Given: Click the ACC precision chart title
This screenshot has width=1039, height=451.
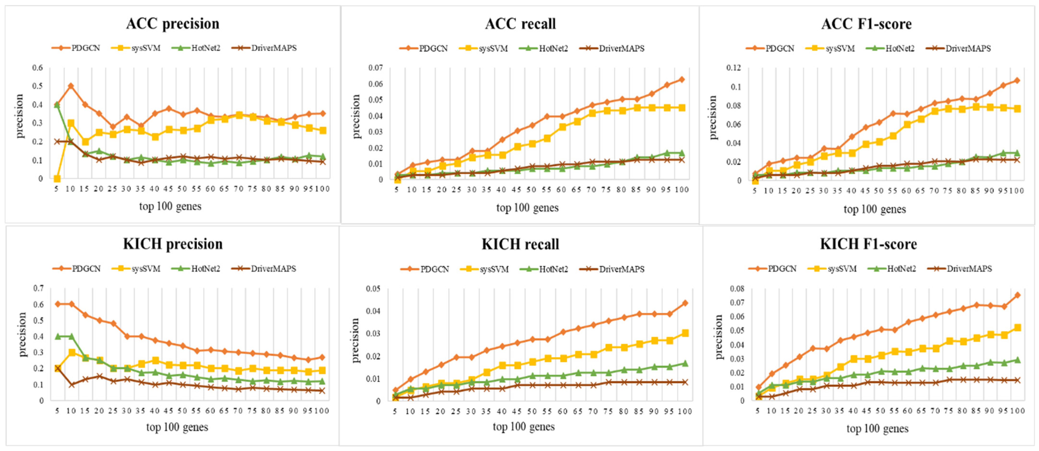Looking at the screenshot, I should [x=173, y=24].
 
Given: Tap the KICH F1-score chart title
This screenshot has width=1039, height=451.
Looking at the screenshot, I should [x=868, y=244].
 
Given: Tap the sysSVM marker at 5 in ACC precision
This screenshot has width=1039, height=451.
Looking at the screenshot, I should [x=57, y=179].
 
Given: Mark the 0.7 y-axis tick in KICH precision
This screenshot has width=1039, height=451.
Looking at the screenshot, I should [x=39, y=288].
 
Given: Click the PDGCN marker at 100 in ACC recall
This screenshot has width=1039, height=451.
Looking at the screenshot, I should [x=682, y=79].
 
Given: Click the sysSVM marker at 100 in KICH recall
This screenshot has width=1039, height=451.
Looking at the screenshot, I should [x=685, y=333].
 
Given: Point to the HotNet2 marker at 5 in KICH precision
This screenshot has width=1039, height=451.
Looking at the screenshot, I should [x=58, y=336].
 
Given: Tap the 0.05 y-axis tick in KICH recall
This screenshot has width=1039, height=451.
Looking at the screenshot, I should [x=373, y=289].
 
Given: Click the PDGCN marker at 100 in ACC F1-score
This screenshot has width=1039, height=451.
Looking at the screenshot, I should [x=1017, y=80].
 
